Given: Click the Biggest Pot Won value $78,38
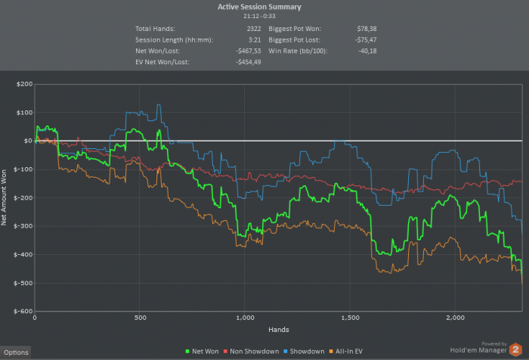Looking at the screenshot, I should (366, 27).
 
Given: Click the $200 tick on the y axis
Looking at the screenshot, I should (23, 84).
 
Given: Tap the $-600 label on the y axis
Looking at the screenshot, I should (21, 312).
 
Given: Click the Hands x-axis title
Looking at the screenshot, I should (279, 330).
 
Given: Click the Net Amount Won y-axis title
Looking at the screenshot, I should (6, 197).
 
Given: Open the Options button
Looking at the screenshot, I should (15, 352).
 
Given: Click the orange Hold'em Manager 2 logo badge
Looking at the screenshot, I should (515, 349).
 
